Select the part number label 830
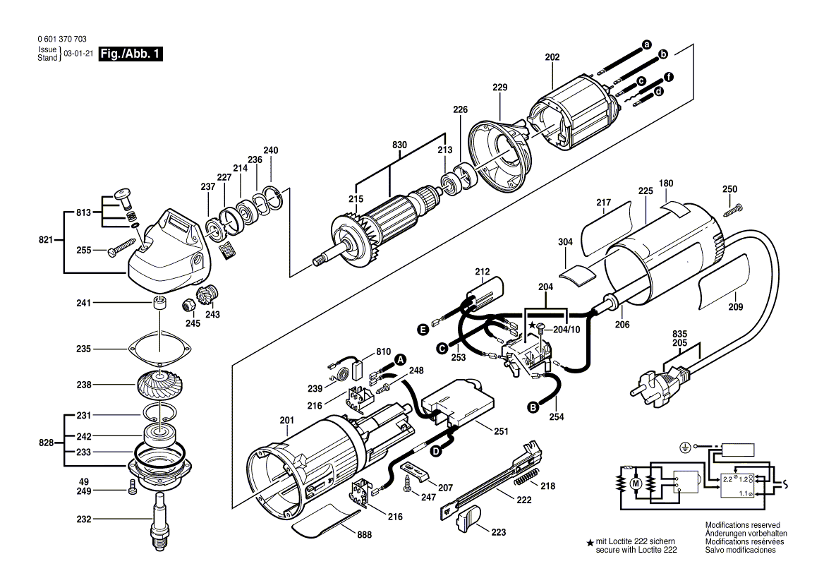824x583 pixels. (x=400, y=145)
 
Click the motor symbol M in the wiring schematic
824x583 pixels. (x=634, y=483)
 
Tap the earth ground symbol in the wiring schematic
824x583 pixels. (x=683, y=447)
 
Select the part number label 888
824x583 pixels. (x=364, y=534)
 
